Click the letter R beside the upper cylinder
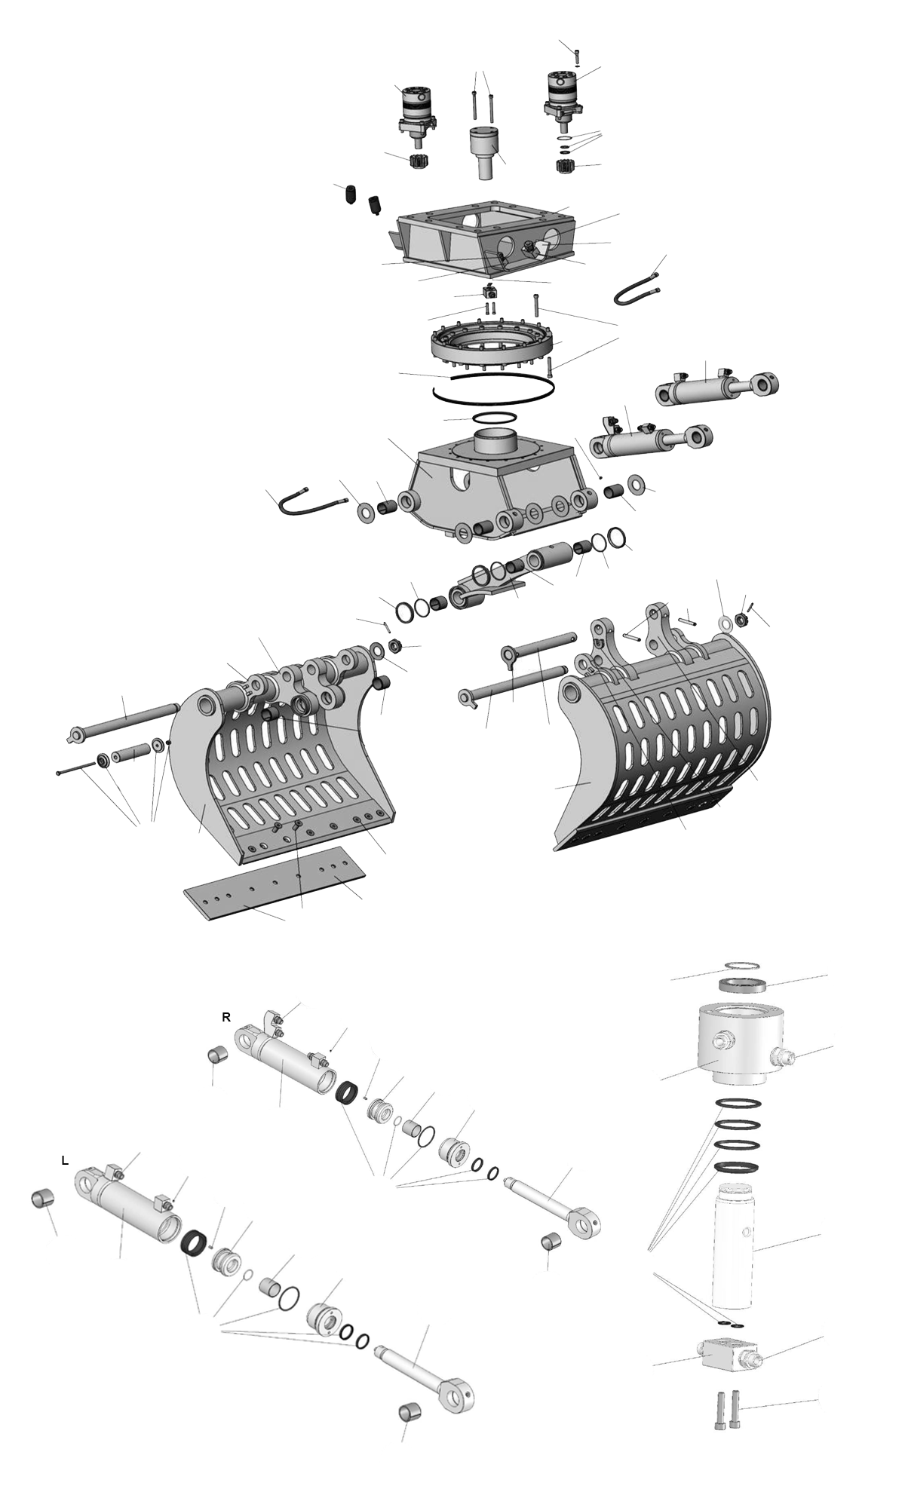(x=225, y=1017)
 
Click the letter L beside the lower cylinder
(x=65, y=1161)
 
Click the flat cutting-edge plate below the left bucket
(x=275, y=882)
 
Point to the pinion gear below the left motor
(x=418, y=161)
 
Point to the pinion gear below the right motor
(x=565, y=166)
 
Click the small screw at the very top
(x=577, y=56)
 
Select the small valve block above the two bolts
(x=727, y=1354)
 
